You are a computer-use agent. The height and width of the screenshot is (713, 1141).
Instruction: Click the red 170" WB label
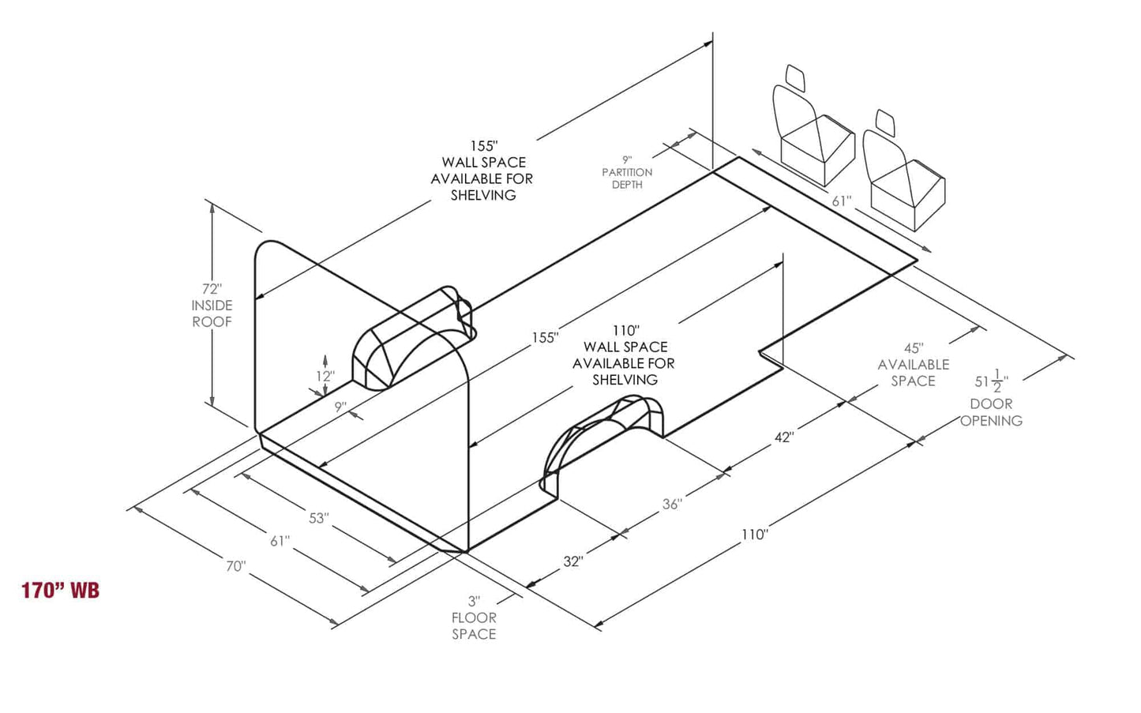point(60,590)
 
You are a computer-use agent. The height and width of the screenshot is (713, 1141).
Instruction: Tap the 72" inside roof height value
point(212,289)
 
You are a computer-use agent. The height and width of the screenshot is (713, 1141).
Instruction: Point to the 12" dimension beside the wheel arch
point(325,377)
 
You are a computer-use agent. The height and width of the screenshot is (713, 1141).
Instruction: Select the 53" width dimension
point(318,518)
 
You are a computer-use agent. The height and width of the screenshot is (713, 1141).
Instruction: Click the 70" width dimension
point(235,566)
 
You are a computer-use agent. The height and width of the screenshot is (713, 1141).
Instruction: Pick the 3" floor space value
point(474,602)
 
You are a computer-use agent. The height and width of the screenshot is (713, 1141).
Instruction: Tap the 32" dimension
point(572,561)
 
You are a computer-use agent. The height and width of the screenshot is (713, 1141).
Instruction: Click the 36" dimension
point(672,504)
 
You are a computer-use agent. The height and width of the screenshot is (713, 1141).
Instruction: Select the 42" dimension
point(783,437)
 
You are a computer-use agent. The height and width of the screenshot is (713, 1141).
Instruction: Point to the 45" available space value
point(913,348)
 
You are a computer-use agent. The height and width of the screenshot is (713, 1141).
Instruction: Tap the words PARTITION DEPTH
point(627,178)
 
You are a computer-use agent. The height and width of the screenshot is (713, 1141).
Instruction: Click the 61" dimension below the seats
point(841,201)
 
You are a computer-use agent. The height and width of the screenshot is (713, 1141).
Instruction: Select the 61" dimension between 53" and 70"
point(280,542)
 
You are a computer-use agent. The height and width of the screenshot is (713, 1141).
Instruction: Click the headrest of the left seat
point(795,77)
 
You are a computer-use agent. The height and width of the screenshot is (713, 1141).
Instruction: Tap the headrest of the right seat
point(885,122)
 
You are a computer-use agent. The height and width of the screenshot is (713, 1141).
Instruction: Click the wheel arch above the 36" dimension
point(608,438)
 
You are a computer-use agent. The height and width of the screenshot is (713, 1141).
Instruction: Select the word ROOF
point(212,322)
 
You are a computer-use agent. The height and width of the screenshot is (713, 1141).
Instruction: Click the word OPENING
point(991,421)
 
